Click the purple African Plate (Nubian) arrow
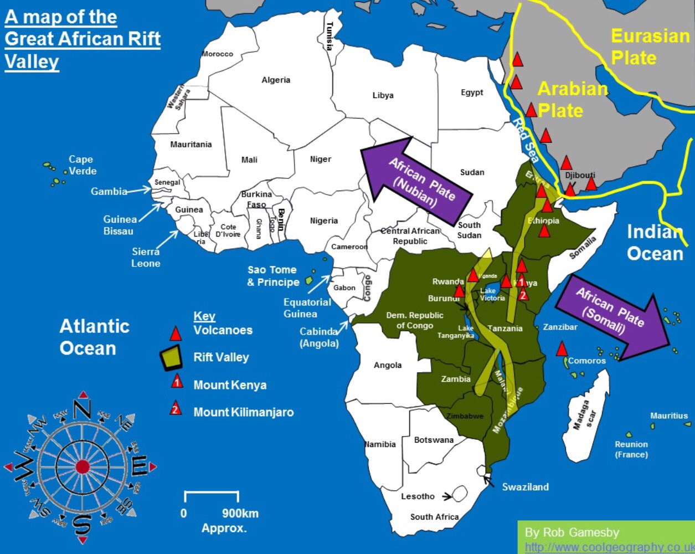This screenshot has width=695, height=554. click(416, 176)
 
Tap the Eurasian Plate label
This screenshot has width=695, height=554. click(650, 47)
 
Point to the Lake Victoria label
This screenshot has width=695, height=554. click(492, 294)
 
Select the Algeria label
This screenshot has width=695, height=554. click(276, 80)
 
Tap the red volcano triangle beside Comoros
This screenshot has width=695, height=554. click(562, 349)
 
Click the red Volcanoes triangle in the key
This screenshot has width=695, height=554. click(176, 334)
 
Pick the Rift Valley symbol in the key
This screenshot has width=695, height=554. click(172, 358)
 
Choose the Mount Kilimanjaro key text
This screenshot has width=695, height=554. click(243, 412)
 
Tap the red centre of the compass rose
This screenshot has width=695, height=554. click(82, 467)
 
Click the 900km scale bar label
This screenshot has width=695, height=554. click(240, 513)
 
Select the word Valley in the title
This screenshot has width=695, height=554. click(32, 61)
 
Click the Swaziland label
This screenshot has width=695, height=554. click(525, 487)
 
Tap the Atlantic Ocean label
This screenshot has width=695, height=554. click(94, 337)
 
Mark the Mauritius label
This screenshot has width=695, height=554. click(668, 416)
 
